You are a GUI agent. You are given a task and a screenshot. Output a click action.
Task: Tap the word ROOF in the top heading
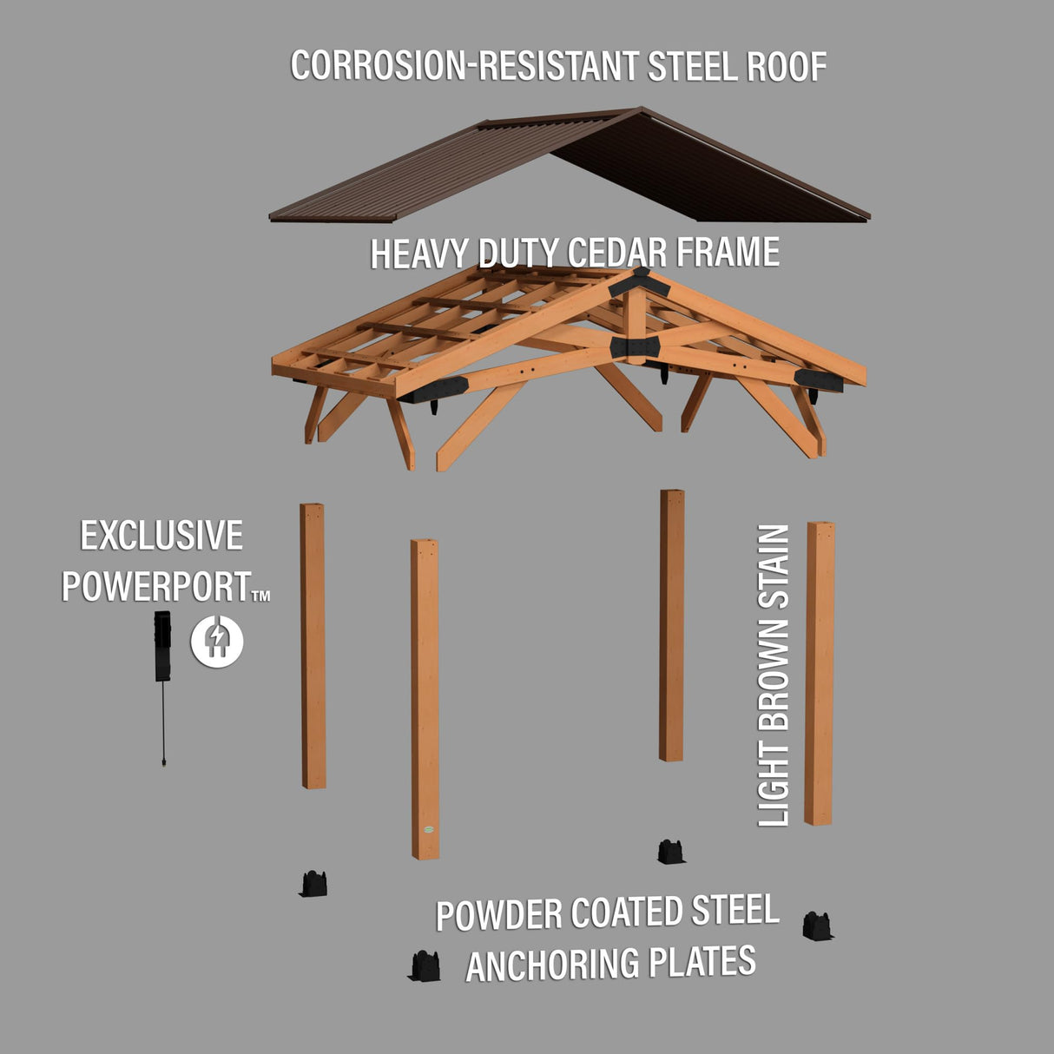click(787, 68)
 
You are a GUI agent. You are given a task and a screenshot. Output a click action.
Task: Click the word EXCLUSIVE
click(161, 536)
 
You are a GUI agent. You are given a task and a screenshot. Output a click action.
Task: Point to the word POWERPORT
click(156, 587)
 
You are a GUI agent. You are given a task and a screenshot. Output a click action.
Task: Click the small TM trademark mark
click(260, 596)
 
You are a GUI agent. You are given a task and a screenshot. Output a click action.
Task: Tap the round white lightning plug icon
click(217, 642)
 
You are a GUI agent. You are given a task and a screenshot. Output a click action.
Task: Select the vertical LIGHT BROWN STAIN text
click(774, 675)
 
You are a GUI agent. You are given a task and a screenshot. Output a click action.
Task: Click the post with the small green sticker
click(425, 695)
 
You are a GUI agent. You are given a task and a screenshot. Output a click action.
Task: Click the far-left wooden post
click(313, 646)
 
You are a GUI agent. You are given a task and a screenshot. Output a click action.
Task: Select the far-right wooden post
click(819, 673)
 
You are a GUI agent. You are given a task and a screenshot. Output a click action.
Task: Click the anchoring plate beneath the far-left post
click(313, 883)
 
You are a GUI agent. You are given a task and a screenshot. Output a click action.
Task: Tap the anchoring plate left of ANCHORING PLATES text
click(424, 965)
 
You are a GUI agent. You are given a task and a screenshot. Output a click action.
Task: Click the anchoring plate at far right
click(816, 926)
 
